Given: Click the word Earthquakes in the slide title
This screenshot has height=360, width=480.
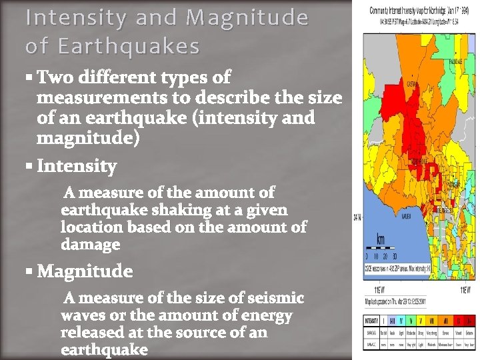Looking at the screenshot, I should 128,47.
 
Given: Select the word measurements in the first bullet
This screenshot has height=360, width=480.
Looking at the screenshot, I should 100,98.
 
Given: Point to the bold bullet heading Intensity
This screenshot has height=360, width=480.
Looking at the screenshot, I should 77,165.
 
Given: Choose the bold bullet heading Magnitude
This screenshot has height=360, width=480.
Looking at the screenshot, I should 85,271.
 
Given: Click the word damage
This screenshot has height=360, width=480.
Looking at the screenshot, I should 90,245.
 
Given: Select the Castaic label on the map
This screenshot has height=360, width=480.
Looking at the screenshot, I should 412,85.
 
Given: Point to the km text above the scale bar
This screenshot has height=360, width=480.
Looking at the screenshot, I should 380,239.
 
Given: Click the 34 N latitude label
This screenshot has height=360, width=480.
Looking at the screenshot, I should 357,217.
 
